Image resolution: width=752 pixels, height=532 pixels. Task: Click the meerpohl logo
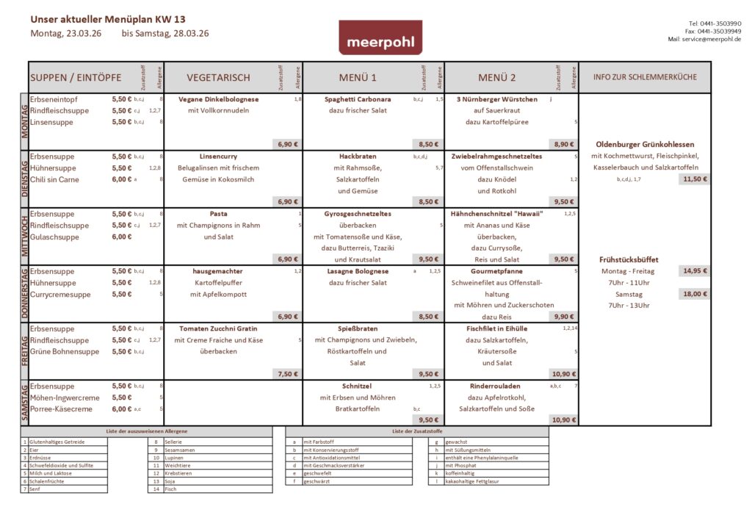click(380, 37)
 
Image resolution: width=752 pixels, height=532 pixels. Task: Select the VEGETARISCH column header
click(218, 77)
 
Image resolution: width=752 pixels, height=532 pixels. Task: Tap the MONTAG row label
click(24, 121)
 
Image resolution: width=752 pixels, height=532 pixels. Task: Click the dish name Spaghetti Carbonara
click(358, 99)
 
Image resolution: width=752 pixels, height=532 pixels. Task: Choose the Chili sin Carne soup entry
click(54, 179)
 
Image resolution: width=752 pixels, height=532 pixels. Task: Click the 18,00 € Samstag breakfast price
click(695, 294)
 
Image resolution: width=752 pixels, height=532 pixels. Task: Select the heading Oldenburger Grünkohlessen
click(645, 145)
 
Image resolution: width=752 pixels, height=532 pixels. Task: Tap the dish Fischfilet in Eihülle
click(496, 328)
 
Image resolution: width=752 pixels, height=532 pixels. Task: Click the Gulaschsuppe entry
click(54, 237)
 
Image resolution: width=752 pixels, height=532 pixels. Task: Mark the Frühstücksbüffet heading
click(629, 259)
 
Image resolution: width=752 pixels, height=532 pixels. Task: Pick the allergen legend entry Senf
click(35, 489)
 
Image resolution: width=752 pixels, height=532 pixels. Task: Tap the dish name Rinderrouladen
click(495, 386)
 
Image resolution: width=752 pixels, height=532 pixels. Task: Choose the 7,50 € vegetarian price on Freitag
click(287, 374)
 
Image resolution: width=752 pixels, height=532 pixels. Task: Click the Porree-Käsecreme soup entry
click(61, 409)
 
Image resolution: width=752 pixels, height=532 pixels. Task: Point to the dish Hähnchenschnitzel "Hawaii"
click(496, 214)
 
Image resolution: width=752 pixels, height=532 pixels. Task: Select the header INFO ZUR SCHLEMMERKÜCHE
click(645, 77)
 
